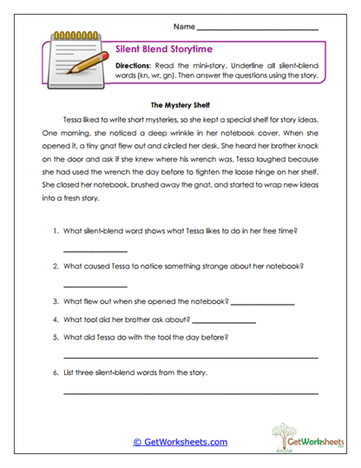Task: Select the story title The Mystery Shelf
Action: [180, 102]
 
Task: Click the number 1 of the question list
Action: [56, 232]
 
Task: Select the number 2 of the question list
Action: [56, 267]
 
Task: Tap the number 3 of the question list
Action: [56, 301]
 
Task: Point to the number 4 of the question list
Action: [56, 319]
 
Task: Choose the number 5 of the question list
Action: [56, 336]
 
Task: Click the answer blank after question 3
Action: [263, 304]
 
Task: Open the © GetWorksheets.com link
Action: [180, 441]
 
